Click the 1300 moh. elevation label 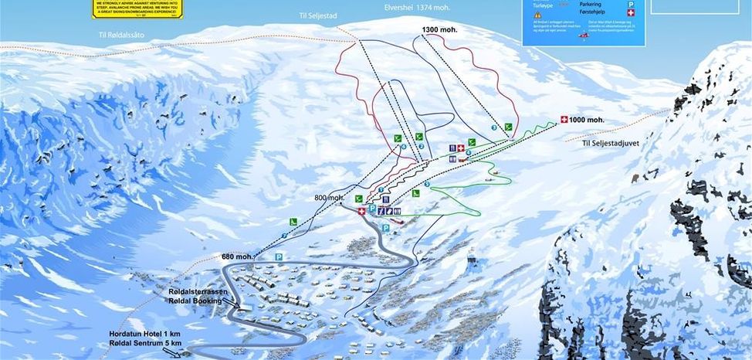(439, 29)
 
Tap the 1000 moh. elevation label (587, 120)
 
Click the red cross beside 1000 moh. (564, 120)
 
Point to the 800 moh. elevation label (329, 198)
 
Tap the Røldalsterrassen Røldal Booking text (196, 297)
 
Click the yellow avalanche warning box (134, 8)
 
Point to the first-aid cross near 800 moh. (361, 209)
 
